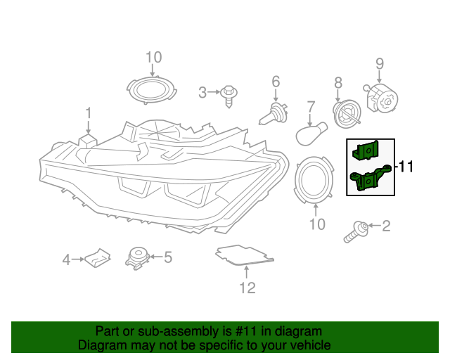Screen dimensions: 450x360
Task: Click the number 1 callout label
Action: pyautogui.click(x=89, y=112)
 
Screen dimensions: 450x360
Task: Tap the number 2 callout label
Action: pyautogui.click(x=385, y=226)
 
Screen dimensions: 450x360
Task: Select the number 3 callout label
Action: pyautogui.click(x=202, y=92)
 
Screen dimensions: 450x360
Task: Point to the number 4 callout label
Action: pyautogui.click(x=67, y=260)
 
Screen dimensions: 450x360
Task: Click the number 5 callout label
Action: pyautogui.click(x=167, y=257)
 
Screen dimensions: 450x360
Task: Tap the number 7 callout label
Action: pyautogui.click(x=310, y=108)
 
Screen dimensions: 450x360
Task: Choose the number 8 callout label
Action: pyautogui.click(x=338, y=83)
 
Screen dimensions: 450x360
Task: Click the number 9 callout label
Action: pyautogui.click(x=379, y=64)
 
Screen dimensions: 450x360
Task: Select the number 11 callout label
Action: pyautogui.click(x=407, y=167)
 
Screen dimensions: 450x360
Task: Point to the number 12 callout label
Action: pyautogui.click(x=247, y=288)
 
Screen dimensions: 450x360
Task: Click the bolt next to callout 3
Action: pyautogui.click(x=228, y=94)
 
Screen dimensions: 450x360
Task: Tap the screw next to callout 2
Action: pyautogui.click(x=357, y=231)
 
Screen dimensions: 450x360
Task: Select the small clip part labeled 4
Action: pyautogui.click(x=98, y=258)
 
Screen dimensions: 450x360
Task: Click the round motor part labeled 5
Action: pyautogui.click(x=137, y=257)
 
